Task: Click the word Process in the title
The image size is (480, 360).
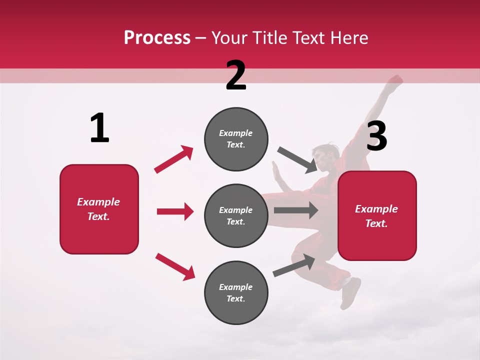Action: (157, 38)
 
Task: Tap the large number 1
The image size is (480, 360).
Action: (99, 128)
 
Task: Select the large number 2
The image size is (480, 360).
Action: (236, 75)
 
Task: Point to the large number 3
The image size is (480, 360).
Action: (376, 136)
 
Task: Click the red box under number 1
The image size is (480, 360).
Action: (99, 209)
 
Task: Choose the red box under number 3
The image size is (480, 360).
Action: (377, 215)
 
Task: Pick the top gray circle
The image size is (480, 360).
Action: (236, 139)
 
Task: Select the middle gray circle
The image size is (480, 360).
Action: (236, 215)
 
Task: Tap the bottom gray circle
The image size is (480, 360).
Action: (236, 292)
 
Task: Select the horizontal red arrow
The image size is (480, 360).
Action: (175, 211)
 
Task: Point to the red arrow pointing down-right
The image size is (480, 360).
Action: (175, 266)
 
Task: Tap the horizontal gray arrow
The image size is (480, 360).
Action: (296, 210)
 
